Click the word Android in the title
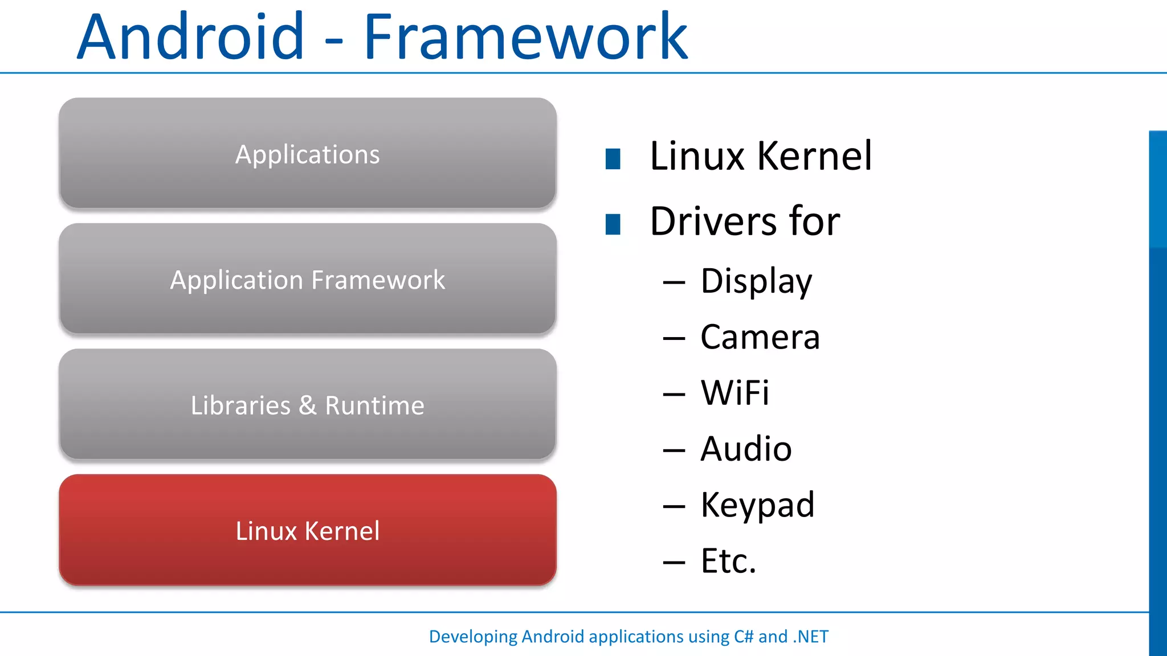coord(190,38)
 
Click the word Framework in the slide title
coord(525,38)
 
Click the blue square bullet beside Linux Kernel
coord(613,159)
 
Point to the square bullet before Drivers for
coord(613,224)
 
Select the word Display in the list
coord(756,281)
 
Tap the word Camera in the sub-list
coord(760,337)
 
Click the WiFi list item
coord(735,393)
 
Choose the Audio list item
coord(746,449)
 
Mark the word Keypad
coord(757,505)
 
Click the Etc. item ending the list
coord(728,561)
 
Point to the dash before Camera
coord(674,339)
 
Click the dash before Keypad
coord(674,506)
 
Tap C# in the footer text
coord(743,637)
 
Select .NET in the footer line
coord(811,637)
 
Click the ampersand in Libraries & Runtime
coord(308,405)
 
